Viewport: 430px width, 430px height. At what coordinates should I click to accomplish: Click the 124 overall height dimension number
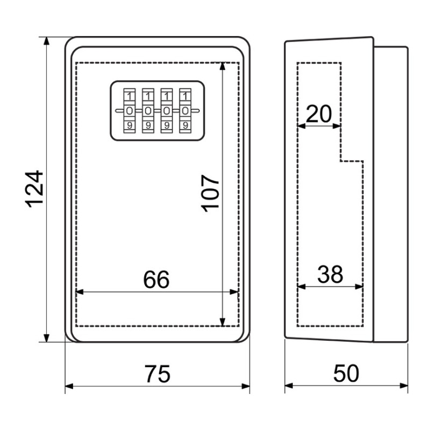pyautogui.click(x=34, y=189)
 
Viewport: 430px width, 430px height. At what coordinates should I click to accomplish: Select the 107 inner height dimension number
pyautogui.click(x=211, y=193)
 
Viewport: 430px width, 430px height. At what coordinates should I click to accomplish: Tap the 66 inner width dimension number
pyautogui.click(x=156, y=279)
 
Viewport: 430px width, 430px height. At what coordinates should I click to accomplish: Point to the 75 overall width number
pyautogui.click(x=157, y=374)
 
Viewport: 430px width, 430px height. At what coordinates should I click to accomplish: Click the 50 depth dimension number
pyautogui.click(x=346, y=374)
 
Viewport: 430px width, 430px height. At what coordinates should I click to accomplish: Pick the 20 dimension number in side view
pyautogui.click(x=319, y=114)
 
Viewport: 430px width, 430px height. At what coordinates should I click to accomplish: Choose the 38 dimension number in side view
pyautogui.click(x=330, y=275)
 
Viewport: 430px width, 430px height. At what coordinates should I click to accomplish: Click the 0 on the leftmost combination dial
pyautogui.click(x=129, y=111)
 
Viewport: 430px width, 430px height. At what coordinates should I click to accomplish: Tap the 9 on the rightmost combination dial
pyautogui.click(x=185, y=126)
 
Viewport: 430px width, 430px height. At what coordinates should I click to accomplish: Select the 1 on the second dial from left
pyautogui.click(x=147, y=96)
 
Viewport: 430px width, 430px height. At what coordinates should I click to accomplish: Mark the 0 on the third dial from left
pyautogui.click(x=166, y=111)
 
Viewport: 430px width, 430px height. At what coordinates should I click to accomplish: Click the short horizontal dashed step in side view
pyautogui.click(x=352, y=161)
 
